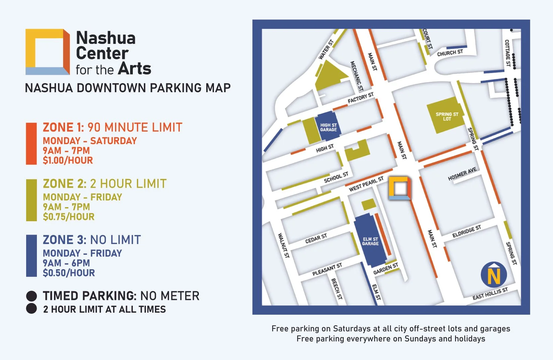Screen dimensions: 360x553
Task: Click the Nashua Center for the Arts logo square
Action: [47, 52]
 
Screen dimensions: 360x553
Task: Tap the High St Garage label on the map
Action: [328, 127]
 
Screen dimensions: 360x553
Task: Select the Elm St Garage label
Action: [370, 241]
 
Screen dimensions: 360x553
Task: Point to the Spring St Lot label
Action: [447, 116]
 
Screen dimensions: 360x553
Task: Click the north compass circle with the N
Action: [494, 275]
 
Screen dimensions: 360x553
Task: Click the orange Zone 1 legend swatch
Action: [31, 144]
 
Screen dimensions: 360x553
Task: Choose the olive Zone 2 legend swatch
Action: [31, 200]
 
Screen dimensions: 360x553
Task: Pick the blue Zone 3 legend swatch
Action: [31, 256]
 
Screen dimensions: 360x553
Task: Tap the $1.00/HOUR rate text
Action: [68, 160]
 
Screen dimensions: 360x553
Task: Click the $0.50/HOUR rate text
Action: [69, 273]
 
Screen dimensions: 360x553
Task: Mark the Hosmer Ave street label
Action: [462, 174]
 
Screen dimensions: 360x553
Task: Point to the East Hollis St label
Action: [490, 294]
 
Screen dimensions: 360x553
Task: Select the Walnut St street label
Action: [283, 246]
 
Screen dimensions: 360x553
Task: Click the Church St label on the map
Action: [450, 53]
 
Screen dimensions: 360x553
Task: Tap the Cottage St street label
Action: [507, 53]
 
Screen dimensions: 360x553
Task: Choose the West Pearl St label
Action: [366, 184]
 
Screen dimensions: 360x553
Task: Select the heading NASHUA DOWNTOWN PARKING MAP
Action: [128, 88]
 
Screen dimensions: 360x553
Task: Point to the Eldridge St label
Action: [466, 231]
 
